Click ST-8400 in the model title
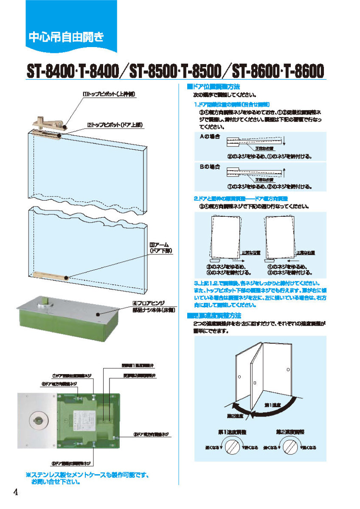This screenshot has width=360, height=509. point(50,70)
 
